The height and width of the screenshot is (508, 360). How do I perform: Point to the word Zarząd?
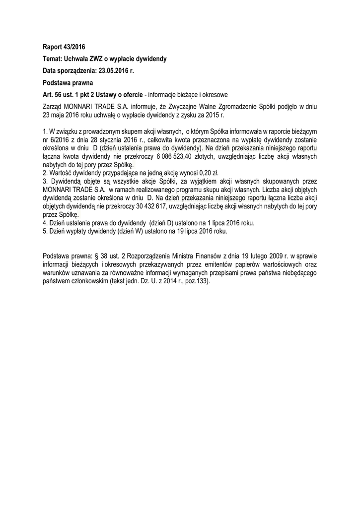(x=54, y=106)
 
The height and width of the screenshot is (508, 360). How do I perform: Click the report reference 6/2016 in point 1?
(x=60, y=140)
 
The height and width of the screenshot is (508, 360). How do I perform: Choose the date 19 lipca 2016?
(x=202, y=232)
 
